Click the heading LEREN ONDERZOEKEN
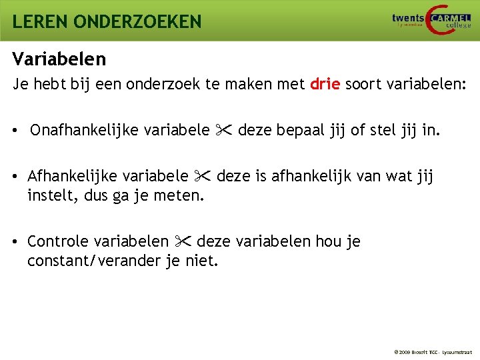pos(107,21)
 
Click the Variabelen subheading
pos(59,59)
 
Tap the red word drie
pos(325,85)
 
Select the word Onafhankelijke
pos(83,129)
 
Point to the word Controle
pos(58,241)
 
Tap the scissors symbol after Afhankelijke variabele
pos(203,176)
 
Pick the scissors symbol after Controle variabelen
pos(183,241)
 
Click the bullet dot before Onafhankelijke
pos(15,130)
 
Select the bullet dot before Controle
pos(15,241)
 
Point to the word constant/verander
pos(93,261)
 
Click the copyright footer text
pos(433,351)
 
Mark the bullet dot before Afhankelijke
pos(15,177)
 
